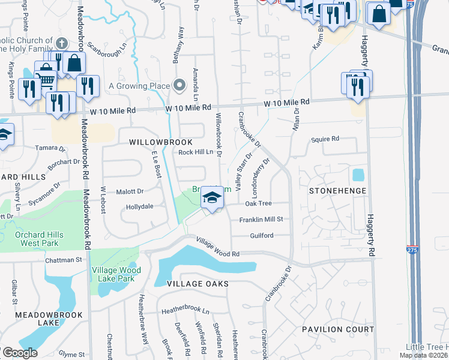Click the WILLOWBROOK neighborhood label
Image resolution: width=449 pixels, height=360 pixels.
(161, 142)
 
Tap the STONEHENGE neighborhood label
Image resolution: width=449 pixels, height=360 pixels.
(336, 191)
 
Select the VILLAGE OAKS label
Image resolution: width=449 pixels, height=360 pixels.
(189, 283)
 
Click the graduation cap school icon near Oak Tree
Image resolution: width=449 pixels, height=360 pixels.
(211, 197)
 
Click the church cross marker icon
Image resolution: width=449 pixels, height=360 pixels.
(61, 43)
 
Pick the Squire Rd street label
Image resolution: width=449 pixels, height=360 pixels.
(325, 139)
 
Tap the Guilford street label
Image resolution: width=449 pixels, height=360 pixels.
(262, 235)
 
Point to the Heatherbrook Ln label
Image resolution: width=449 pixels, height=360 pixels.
(186, 311)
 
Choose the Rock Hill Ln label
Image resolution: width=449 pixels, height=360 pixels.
(196, 152)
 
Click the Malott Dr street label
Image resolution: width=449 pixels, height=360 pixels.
(130, 191)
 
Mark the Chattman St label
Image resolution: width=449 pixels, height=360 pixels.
(63, 260)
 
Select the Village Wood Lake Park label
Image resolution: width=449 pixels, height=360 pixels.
(116, 275)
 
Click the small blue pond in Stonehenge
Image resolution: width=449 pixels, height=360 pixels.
(358, 175)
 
